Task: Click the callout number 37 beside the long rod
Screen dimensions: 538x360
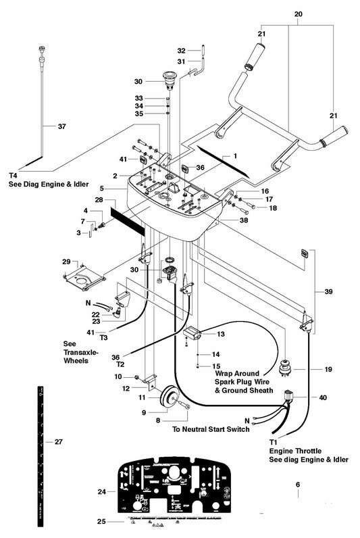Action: (61, 126)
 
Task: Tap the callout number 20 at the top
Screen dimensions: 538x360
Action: (299, 14)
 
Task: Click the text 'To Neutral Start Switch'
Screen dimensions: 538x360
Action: (210, 429)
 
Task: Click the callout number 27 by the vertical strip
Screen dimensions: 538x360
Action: (58, 441)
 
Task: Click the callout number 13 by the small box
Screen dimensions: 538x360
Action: (221, 334)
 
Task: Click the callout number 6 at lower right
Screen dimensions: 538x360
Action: (298, 484)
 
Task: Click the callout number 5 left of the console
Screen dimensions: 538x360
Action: (101, 188)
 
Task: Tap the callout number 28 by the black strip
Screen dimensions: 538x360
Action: (99, 201)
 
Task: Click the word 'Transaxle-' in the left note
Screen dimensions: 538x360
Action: (80, 352)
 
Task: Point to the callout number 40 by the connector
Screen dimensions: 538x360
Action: (323, 397)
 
